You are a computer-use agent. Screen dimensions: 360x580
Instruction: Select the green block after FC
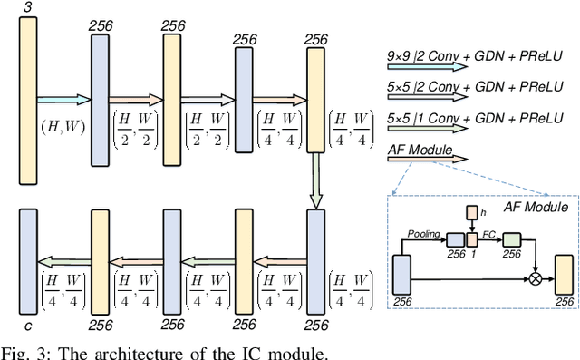(513, 239)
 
